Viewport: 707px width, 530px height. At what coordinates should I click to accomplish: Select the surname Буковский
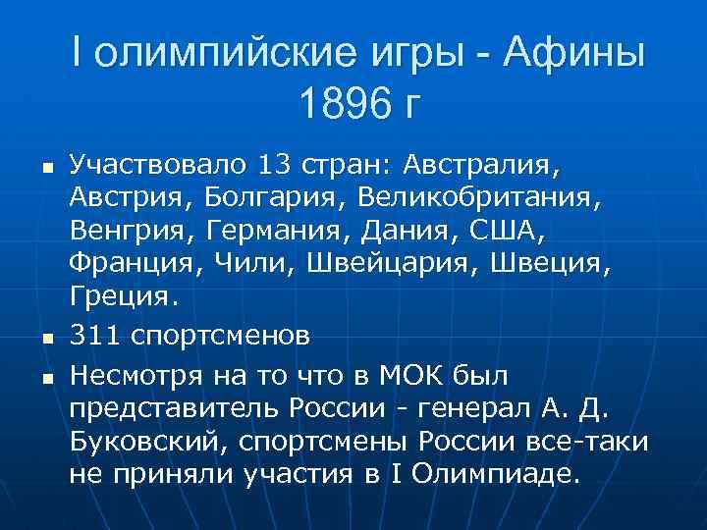[x=147, y=441]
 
